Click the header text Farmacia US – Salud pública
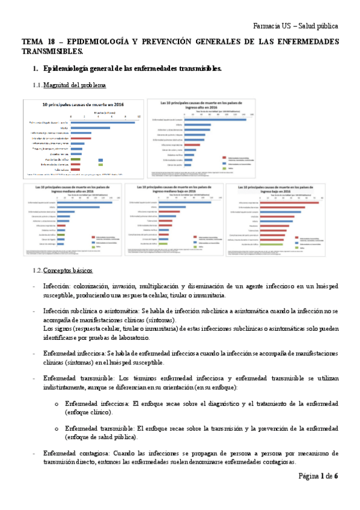(x=296, y=26)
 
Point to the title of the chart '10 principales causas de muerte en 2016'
(x=82, y=105)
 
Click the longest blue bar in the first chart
(x=103, y=122)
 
